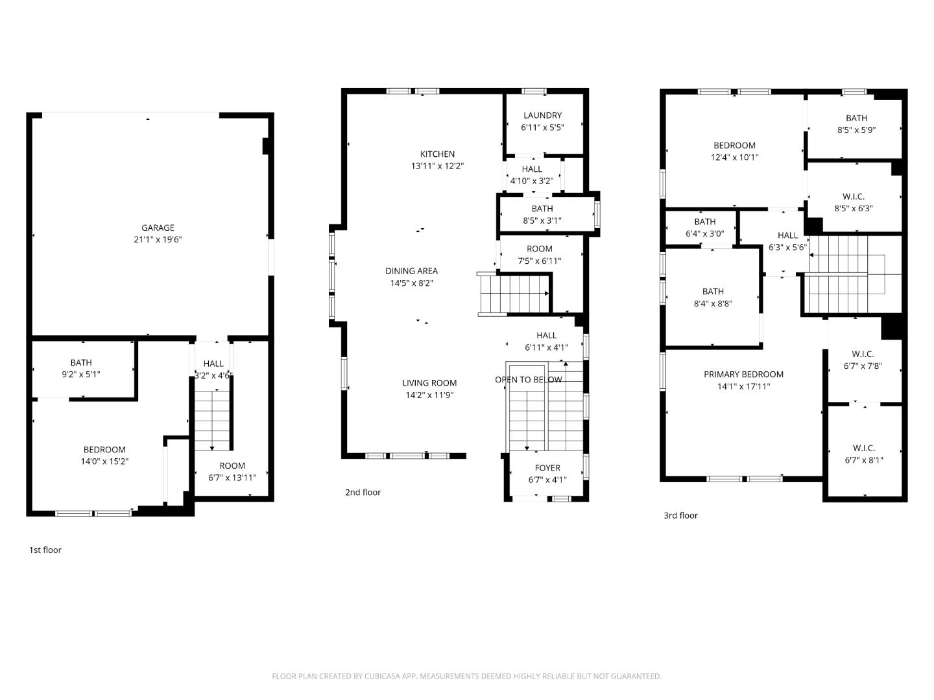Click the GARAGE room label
click(x=158, y=227)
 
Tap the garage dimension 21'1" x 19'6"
click(x=158, y=240)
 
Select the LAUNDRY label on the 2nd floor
click(x=542, y=115)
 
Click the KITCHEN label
click(x=437, y=154)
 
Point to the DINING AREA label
click(x=411, y=271)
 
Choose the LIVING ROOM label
click(x=429, y=383)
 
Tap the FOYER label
click(x=547, y=468)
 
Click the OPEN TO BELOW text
click(x=529, y=380)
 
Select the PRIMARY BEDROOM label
click(x=743, y=374)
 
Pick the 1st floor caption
click(x=45, y=550)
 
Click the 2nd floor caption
click(x=363, y=493)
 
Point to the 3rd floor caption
click(x=680, y=516)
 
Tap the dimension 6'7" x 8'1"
click(x=863, y=460)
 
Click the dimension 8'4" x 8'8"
click(x=712, y=303)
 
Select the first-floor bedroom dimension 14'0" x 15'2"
click(x=104, y=461)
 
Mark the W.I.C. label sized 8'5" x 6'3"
click(x=853, y=196)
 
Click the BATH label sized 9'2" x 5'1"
click(x=81, y=362)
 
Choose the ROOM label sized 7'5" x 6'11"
click(x=539, y=249)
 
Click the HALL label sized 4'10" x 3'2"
click(x=531, y=169)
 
